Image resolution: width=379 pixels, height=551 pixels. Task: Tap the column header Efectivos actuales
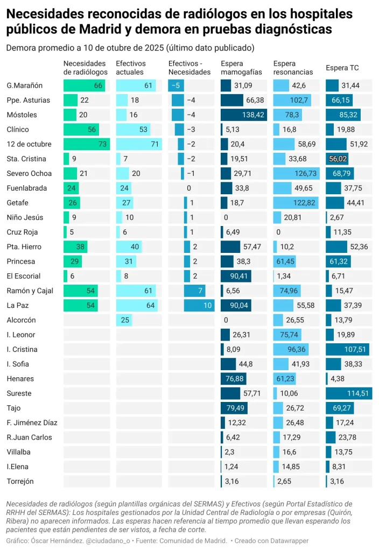(x=131, y=68)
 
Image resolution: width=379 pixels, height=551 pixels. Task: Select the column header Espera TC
(x=342, y=68)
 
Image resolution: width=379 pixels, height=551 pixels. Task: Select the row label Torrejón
(x=20, y=481)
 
